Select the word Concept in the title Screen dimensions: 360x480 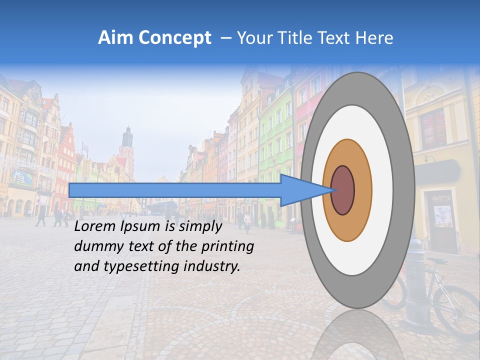point(174,38)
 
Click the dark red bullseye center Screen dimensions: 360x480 point(342,190)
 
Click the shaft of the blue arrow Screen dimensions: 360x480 point(175,190)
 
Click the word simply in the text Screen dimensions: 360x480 point(200,227)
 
